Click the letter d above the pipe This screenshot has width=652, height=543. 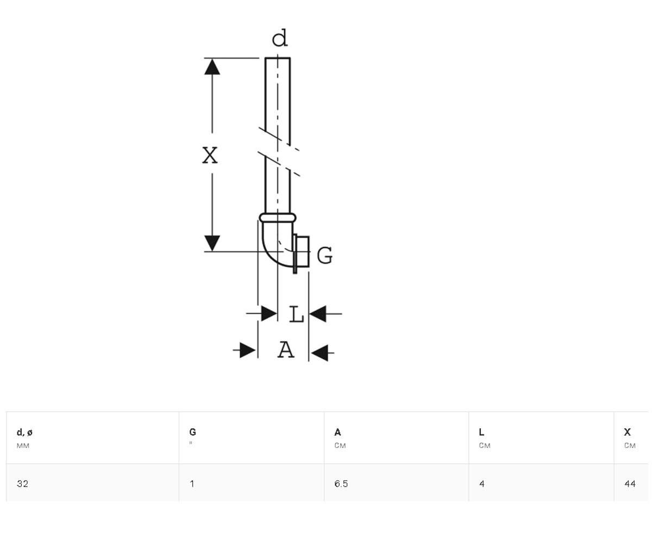click(x=279, y=38)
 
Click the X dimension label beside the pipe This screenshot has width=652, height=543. click(x=210, y=155)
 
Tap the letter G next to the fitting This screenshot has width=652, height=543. click(x=325, y=255)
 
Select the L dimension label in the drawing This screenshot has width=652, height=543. click(x=296, y=314)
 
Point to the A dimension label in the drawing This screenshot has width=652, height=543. click(x=286, y=350)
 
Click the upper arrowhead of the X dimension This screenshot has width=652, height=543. click(x=212, y=66)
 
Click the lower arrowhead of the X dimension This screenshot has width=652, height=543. click(x=212, y=243)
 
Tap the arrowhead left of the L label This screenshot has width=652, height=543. click(x=269, y=313)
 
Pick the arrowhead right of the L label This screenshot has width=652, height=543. click(x=318, y=314)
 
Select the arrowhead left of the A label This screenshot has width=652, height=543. click(x=248, y=350)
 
